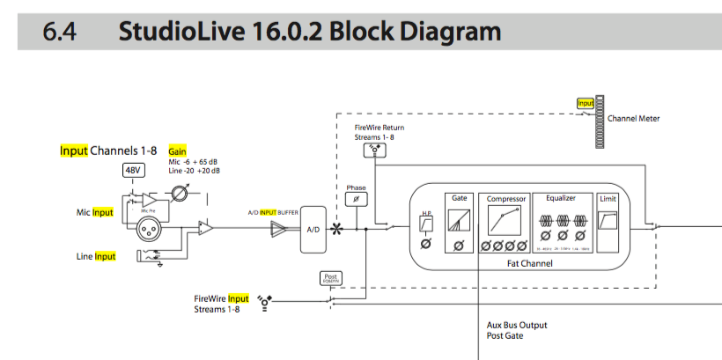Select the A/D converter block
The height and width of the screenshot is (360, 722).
pyautogui.click(x=313, y=229)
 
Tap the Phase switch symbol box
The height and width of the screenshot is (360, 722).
pyautogui.click(x=357, y=199)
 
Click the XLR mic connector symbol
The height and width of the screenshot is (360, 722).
pyautogui.click(x=150, y=230)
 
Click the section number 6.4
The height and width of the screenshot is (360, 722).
pyautogui.click(x=59, y=33)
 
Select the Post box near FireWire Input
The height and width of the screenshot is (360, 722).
pyautogui.click(x=330, y=278)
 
